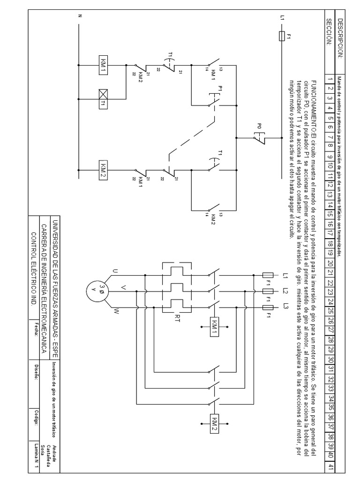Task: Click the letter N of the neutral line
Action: [x=80, y=16]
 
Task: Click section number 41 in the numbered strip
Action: [x=330, y=467]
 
